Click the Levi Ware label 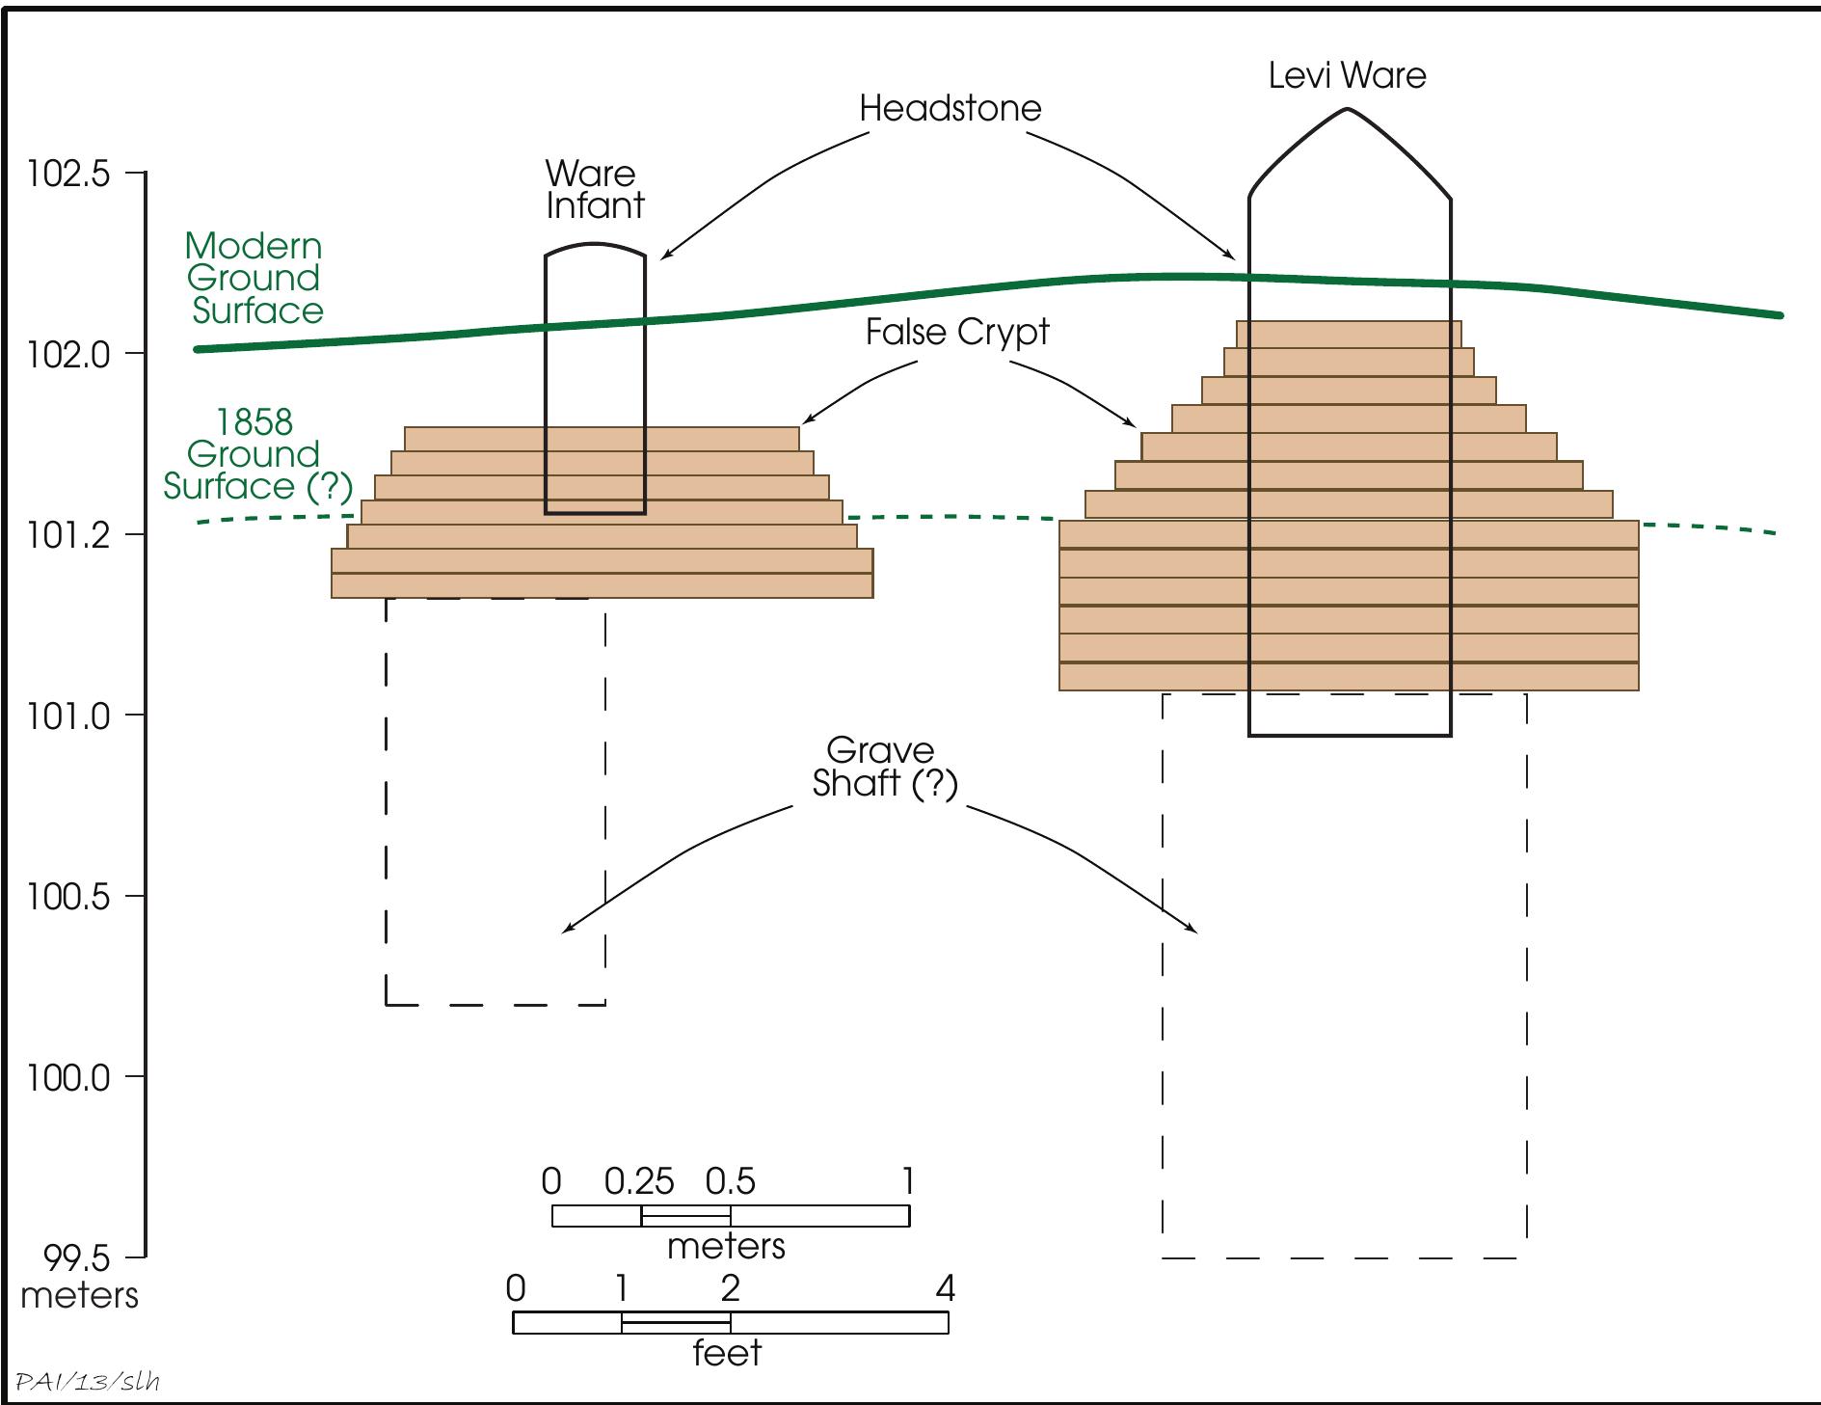click(1347, 76)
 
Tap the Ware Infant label click(593, 190)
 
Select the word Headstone click(950, 108)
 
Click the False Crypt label click(956, 332)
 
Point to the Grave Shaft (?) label click(884, 767)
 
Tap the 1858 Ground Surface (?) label click(256, 454)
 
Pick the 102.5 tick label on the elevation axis click(68, 175)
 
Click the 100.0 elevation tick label click(68, 1077)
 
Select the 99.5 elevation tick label click(78, 1258)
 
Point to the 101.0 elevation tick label click(68, 716)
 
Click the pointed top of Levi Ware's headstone click(1348, 112)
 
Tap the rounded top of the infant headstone click(595, 247)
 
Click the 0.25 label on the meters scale click(638, 1181)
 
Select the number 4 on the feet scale click(946, 1288)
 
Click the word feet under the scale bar click(727, 1353)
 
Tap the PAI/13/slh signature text click(88, 1382)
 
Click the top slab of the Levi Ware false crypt click(1348, 334)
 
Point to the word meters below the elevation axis click(79, 1295)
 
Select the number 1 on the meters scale click(906, 1181)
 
